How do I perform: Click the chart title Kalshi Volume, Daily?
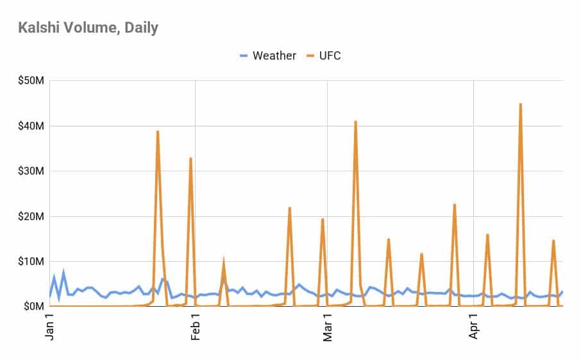coord(88,28)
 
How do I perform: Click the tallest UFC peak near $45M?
coord(520,104)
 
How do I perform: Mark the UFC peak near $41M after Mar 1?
coord(355,121)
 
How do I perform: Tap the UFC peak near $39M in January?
coord(158,132)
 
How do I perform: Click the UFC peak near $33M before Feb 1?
coord(190,158)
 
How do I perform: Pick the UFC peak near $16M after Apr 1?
coord(487,235)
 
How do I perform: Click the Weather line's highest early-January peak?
coord(63,274)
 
